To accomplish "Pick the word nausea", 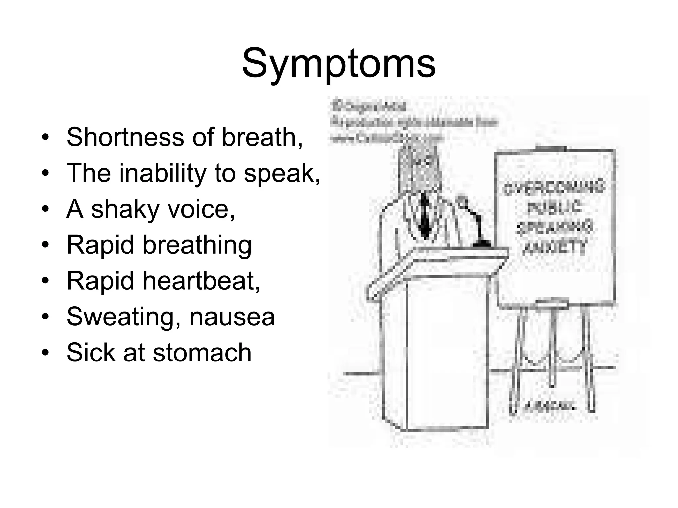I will pos(232,317).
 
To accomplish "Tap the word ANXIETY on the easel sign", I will pos(554,247).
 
